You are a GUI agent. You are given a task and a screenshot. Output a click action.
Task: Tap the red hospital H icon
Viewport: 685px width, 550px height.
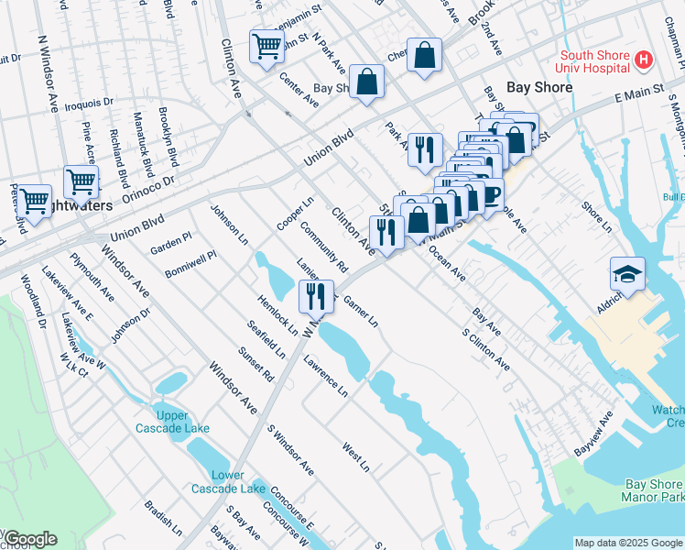[x=644, y=60]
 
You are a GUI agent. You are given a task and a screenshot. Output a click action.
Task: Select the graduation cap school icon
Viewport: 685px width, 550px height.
[x=627, y=274]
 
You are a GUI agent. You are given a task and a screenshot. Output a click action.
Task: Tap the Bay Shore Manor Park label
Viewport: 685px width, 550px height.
[x=653, y=490]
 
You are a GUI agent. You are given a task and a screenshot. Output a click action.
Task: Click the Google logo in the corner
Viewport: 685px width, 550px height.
[x=29, y=539]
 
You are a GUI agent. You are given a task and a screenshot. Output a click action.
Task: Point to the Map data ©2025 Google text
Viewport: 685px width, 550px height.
[x=627, y=543]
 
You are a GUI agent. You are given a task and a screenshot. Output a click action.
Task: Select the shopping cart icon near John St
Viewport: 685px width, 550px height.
[x=266, y=45]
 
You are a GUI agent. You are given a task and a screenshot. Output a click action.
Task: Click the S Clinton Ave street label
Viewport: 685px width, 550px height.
[x=486, y=349]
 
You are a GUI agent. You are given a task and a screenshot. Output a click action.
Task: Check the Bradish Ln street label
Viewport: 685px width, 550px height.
[x=163, y=518]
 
